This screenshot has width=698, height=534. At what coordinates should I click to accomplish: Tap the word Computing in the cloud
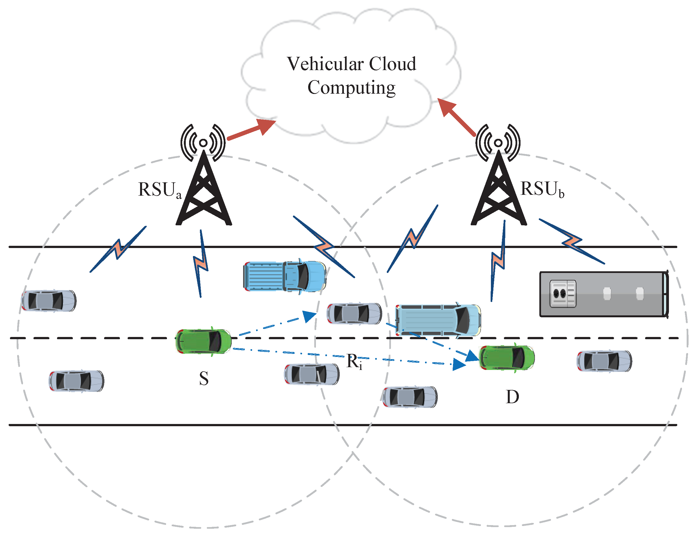(x=351, y=88)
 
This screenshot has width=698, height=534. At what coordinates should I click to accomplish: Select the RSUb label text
(x=542, y=189)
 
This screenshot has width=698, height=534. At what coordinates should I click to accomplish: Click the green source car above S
(x=204, y=341)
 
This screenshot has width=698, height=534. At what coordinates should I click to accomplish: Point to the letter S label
(x=204, y=379)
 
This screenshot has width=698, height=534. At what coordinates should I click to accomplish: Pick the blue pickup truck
(x=285, y=276)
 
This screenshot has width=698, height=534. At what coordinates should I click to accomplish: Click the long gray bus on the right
(x=603, y=294)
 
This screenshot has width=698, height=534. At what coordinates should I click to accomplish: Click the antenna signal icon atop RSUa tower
(x=203, y=143)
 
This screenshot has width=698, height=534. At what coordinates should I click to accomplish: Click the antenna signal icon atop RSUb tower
(x=498, y=143)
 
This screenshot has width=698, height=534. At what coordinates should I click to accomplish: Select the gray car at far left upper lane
(x=48, y=301)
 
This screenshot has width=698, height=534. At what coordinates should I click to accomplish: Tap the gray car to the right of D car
(x=604, y=361)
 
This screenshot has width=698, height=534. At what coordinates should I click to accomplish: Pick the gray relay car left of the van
(x=354, y=314)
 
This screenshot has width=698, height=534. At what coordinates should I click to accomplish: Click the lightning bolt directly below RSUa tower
(x=201, y=264)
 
